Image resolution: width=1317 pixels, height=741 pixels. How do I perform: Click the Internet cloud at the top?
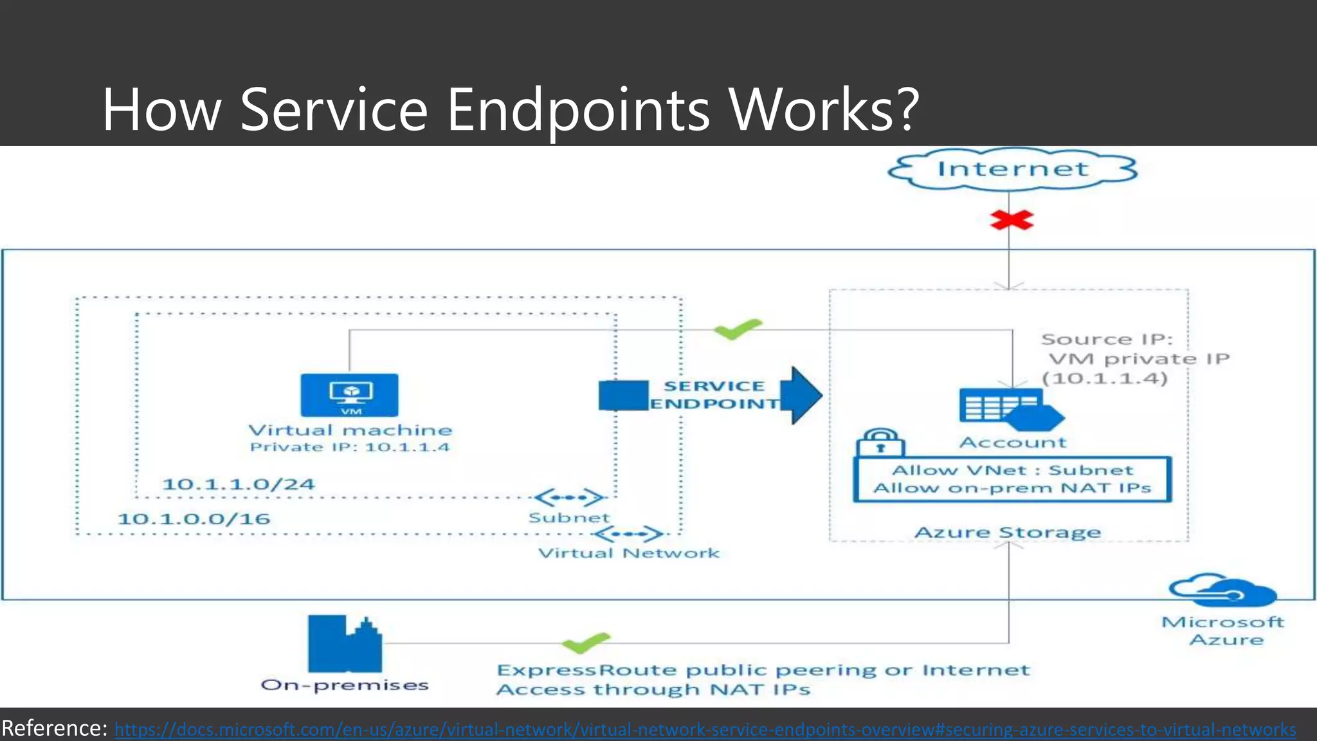tap(1012, 169)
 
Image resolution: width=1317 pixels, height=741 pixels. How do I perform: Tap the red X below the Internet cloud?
tap(1011, 221)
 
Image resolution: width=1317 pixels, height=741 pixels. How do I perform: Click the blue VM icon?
tap(349, 394)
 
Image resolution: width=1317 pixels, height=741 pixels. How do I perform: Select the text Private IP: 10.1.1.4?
tap(350, 447)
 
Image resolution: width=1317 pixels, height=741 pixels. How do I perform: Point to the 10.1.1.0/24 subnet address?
tap(238, 484)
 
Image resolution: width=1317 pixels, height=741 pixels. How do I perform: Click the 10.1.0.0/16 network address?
tap(194, 518)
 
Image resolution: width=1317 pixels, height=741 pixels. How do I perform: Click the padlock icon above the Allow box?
tap(880, 443)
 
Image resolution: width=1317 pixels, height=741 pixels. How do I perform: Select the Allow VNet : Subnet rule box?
tap(1012, 479)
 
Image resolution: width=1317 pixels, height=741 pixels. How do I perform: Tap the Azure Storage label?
tap(1008, 533)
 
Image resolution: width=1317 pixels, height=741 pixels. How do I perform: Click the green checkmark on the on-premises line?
tap(585, 642)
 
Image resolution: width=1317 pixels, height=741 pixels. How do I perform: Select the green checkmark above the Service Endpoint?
tap(738, 329)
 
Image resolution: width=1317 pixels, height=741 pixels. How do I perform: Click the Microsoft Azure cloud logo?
tap(1222, 590)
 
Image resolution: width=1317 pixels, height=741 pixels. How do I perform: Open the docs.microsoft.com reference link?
tap(705, 729)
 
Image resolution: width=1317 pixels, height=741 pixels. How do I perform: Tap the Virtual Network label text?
tap(628, 553)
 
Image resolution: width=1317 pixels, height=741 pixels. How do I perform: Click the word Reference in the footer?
tap(54, 728)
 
